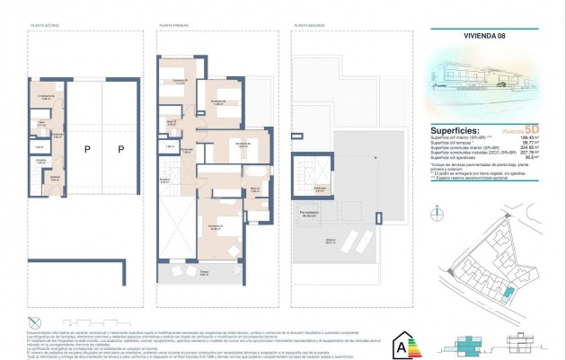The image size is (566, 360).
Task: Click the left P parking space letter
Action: click(x=88, y=149)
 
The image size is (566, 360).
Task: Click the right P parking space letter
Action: click(x=119, y=149)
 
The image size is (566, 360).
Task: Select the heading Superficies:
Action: click(x=455, y=130)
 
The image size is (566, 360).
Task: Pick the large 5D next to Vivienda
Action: click(x=532, y=130)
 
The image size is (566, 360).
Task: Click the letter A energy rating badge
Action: click(x=400, y=343)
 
